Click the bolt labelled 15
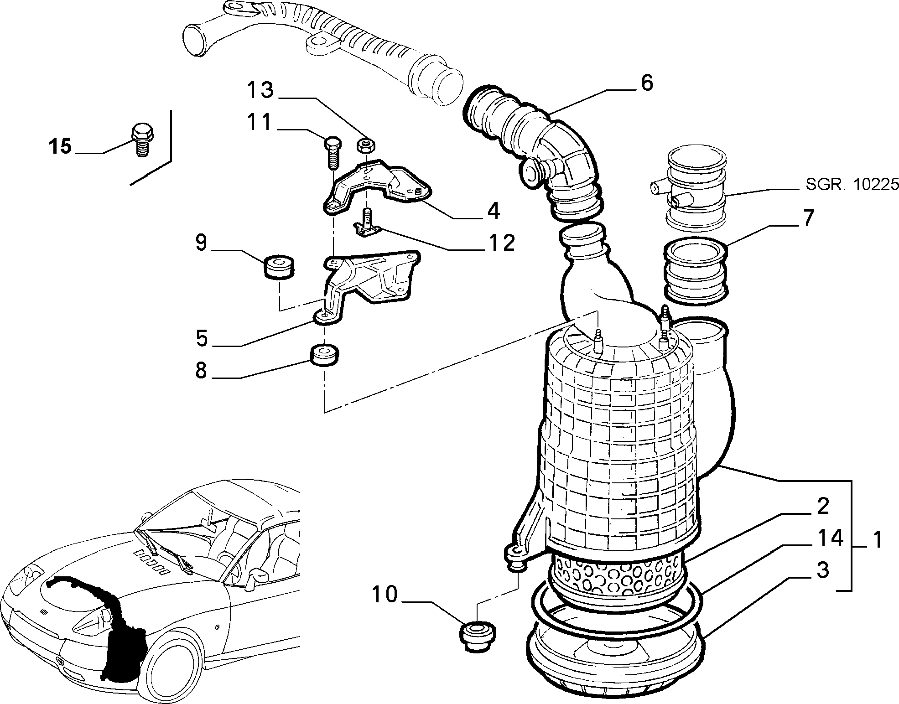coord(142,140)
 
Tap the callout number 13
coord(260,90)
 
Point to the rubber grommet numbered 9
coord(278,268)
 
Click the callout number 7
coord(808,218)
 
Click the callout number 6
coord(646,83)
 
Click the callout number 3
coord(822,570)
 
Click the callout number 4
coord(494,211)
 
